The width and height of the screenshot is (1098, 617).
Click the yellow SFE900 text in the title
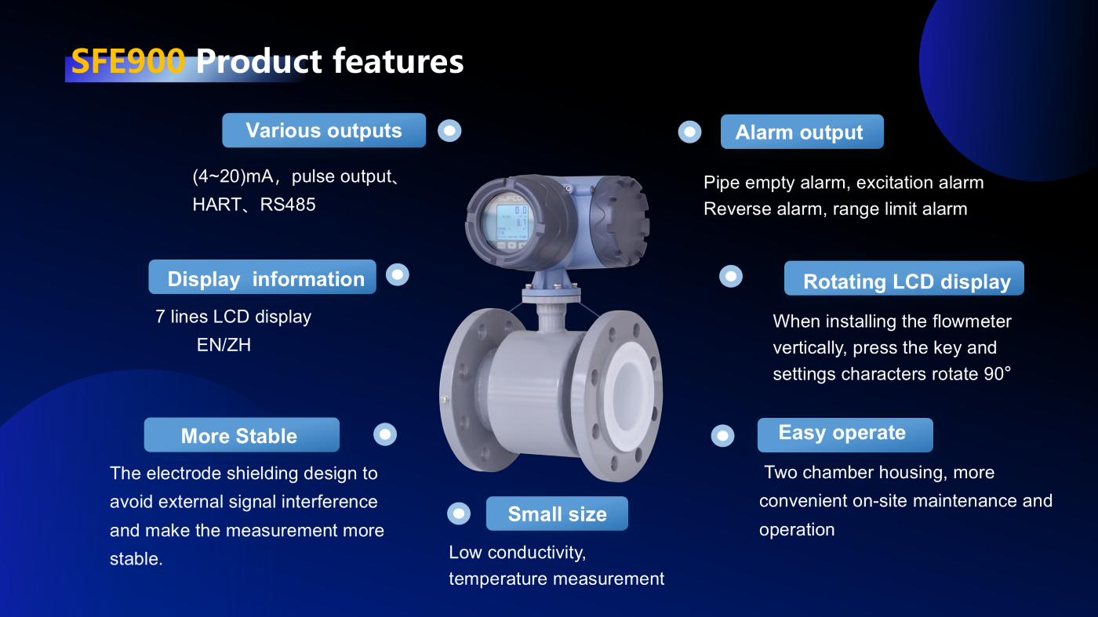point(128,61)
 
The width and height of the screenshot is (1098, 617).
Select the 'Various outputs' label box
point(324,130)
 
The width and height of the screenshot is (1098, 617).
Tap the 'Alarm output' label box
point(802,132)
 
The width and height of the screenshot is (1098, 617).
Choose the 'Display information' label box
point(262,277)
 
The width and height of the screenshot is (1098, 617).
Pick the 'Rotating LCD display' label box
point(903,278)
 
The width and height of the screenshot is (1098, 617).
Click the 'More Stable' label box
point(242,434)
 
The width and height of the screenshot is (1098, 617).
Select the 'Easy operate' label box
point(845,434)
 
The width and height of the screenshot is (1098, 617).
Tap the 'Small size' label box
point(557,514)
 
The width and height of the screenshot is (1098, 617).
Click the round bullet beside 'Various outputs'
point(449,131)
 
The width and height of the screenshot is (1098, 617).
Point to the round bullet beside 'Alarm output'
point(689,132)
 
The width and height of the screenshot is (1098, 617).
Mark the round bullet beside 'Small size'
point(459,514)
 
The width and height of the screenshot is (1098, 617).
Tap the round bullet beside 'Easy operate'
point(722,435)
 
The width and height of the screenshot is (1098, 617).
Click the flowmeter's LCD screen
point(511,223)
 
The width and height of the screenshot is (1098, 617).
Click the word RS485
point(288,205)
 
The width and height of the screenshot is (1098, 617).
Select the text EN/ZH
point(224,345)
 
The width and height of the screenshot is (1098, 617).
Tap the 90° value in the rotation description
point(997,374)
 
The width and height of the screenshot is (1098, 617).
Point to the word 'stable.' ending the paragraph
point(136,559)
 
